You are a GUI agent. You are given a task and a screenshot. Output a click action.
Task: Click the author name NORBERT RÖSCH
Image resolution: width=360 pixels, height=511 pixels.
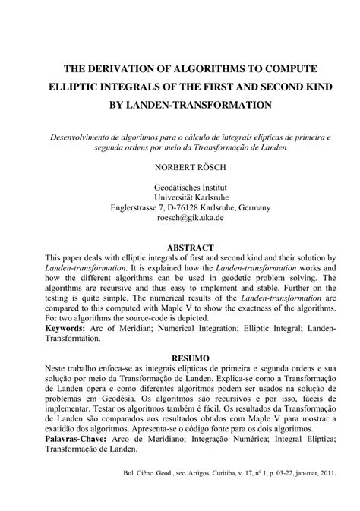click(x=180, y=164)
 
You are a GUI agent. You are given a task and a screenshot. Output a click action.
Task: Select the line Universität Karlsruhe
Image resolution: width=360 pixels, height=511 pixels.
click(x=180, y=196)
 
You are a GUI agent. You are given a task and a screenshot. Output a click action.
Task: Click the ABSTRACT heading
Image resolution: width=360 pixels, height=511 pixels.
click(x=180, y=248)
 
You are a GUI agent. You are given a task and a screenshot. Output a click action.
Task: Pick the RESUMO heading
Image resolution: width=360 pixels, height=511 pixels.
click(x=180, y=356)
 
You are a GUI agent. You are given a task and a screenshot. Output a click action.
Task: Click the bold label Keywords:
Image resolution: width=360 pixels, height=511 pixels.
click(x=65, y=329)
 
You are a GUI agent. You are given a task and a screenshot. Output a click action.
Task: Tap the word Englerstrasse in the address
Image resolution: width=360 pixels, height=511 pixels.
click(x=133, y=207)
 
